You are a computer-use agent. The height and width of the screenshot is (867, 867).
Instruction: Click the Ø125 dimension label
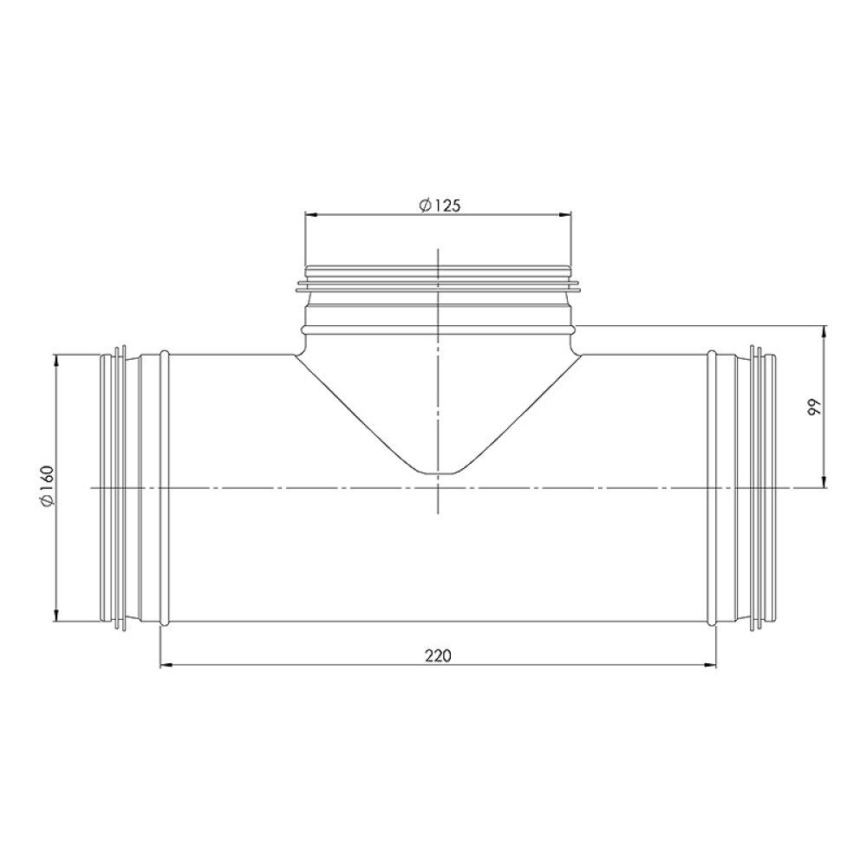pyautogui.click(x=439, y=205)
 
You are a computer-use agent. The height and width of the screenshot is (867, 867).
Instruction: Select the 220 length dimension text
pyautogui.click(x=438, y=655)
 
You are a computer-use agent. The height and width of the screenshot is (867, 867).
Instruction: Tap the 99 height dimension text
pyautogui.click(x=813, y=408)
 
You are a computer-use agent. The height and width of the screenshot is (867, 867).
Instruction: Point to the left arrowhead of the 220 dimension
pyautogui.click(x=166, y=665)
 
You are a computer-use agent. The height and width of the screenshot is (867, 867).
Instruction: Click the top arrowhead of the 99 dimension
pyautogui.click(x=825, y=331)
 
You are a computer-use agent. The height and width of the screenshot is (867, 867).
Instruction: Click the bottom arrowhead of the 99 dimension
pyautogui.click(x=825, y=483)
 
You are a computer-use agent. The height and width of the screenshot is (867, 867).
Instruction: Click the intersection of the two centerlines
pyautogui.click(x=440, y=488)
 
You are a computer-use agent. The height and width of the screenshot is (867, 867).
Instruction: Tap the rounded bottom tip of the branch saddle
pyautogui.click(x=440, y=473)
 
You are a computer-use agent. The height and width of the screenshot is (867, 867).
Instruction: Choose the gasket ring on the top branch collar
pyautogui.click(x=439, y=282)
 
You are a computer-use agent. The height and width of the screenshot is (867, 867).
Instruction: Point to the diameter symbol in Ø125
pyautogui.click(x=424, y=205)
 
